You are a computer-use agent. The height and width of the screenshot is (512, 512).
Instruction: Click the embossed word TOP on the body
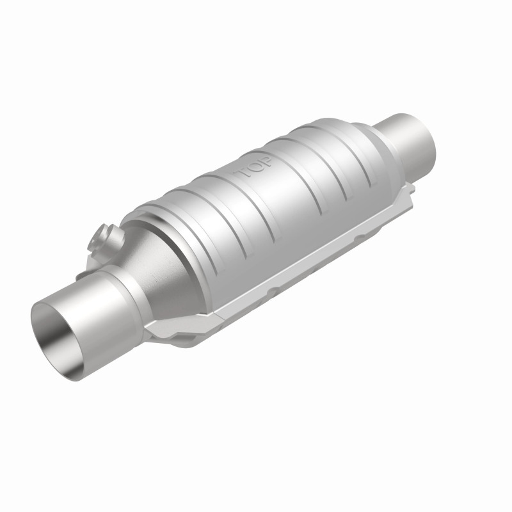click(255, 168)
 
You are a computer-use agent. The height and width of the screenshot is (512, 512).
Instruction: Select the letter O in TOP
click(255, 168)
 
